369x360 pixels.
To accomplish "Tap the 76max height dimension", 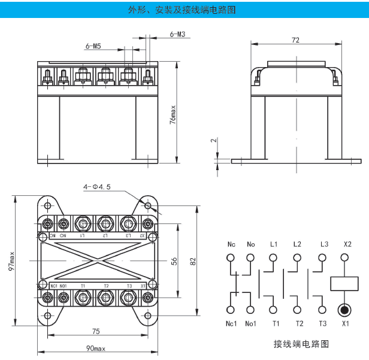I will tap(173, 114).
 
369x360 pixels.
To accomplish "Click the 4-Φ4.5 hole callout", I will tap(97, 187).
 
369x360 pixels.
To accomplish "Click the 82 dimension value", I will tap(192, 262).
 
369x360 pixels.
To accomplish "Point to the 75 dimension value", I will tap(96, 332).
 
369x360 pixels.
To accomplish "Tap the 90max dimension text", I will tap(95, 349).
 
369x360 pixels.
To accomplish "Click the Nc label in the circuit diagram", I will tap(231, 244).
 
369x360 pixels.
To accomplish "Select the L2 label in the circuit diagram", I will tap(297, 244).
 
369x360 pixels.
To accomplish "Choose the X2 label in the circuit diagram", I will tap(344, 244).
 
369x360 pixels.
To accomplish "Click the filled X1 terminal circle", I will tap(344, 310).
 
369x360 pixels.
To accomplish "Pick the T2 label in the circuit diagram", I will tap(299, 324).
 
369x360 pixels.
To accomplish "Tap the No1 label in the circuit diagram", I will tap(251, 324).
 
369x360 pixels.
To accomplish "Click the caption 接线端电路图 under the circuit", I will tap(301, 344).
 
